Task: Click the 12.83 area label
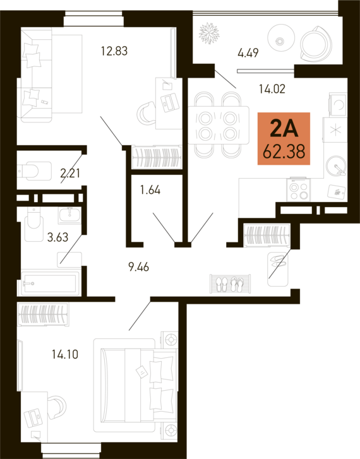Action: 114,51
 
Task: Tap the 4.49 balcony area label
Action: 248,53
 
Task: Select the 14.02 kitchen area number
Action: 272,88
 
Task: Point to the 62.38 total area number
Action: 284,152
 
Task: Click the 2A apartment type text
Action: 284,129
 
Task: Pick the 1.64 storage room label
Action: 150,190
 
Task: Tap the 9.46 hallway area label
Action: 139,267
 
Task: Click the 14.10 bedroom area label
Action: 65,355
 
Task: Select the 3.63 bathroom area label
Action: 57,237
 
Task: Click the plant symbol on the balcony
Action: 209,33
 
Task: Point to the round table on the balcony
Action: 280,37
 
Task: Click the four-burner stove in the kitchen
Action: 298,189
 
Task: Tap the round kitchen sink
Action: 336,165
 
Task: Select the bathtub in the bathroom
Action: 49,283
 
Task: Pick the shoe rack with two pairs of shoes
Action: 231,283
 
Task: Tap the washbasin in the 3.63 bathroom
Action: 69,215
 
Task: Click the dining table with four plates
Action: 218,126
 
